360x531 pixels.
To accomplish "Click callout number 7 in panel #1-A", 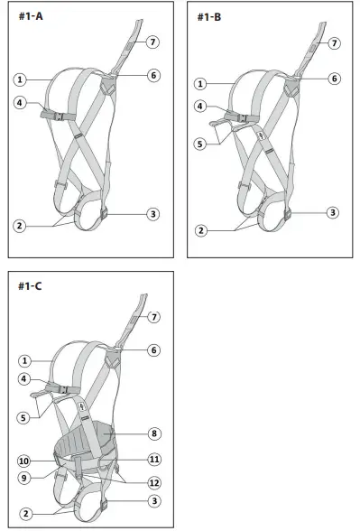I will coord(153,42).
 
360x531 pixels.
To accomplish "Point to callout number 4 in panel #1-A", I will coord(19,103).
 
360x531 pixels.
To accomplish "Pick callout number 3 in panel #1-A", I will coord(153,214).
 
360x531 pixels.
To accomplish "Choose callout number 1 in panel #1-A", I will coord(19,79).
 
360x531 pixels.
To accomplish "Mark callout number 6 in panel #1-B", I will coord(334,79).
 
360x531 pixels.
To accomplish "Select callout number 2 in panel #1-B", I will coord(200,230).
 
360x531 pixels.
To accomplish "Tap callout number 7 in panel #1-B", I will coord(334,42).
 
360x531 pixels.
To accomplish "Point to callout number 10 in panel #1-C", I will coord(25,461).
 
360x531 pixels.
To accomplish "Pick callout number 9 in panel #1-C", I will coord(25,478).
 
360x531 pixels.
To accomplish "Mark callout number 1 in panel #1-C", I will coord(25,360).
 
